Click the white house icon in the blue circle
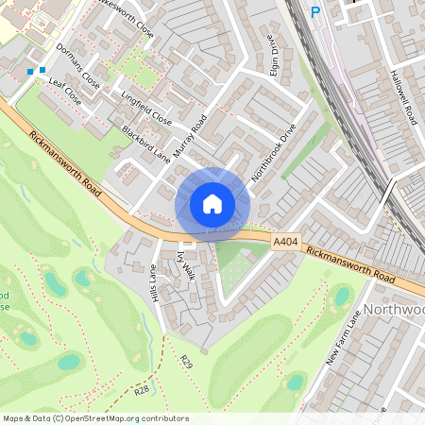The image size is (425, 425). coord(212,204)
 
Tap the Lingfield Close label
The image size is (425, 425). coord(145,108)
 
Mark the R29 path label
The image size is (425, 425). coord(187,362)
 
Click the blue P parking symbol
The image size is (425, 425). coord(315,12)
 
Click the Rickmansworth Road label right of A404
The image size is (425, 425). coord(350,266)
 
